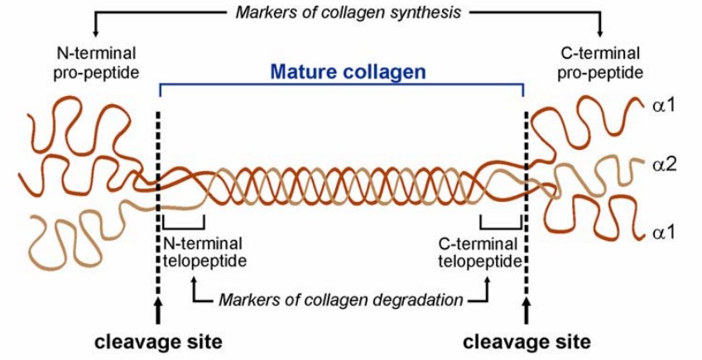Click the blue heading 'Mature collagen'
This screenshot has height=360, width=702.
[x=349, y=72]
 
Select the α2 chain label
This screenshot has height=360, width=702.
[x=666, y=166]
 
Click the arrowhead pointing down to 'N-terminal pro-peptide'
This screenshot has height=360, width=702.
[x=95, y=32]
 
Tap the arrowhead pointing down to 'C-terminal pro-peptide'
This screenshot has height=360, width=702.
[x=602, y=32]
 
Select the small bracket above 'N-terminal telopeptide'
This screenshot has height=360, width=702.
[x=184, y=223]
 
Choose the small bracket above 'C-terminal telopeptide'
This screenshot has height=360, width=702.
[x=501, y=223]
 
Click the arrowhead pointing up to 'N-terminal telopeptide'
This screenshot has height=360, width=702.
[x=195, y=281]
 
